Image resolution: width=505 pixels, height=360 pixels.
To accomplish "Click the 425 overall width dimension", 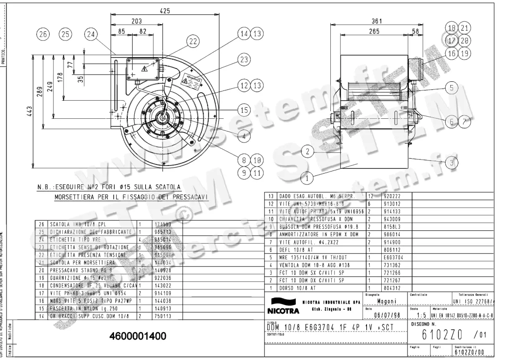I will (x=165, y=11).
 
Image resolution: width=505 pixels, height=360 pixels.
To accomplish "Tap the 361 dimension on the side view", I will (x=377, y=21).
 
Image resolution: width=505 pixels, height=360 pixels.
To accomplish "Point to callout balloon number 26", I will (x=43, y=35).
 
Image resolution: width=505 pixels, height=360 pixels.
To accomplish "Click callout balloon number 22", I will (x=192, y=41).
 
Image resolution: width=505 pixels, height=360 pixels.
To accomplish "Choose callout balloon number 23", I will (x=244, y=59).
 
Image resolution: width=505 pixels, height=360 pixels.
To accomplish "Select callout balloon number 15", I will (x=244, y=110).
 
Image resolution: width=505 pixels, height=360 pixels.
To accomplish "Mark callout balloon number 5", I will (x=452, y=88).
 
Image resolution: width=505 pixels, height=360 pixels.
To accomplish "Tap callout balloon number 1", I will (x=307, y=178).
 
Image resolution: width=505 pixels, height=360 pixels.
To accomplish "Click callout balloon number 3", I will (x=452, y=162).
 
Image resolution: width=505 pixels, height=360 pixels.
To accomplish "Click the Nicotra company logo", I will (x=282, y=307).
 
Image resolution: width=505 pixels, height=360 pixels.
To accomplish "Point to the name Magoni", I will (x=385, y=301).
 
